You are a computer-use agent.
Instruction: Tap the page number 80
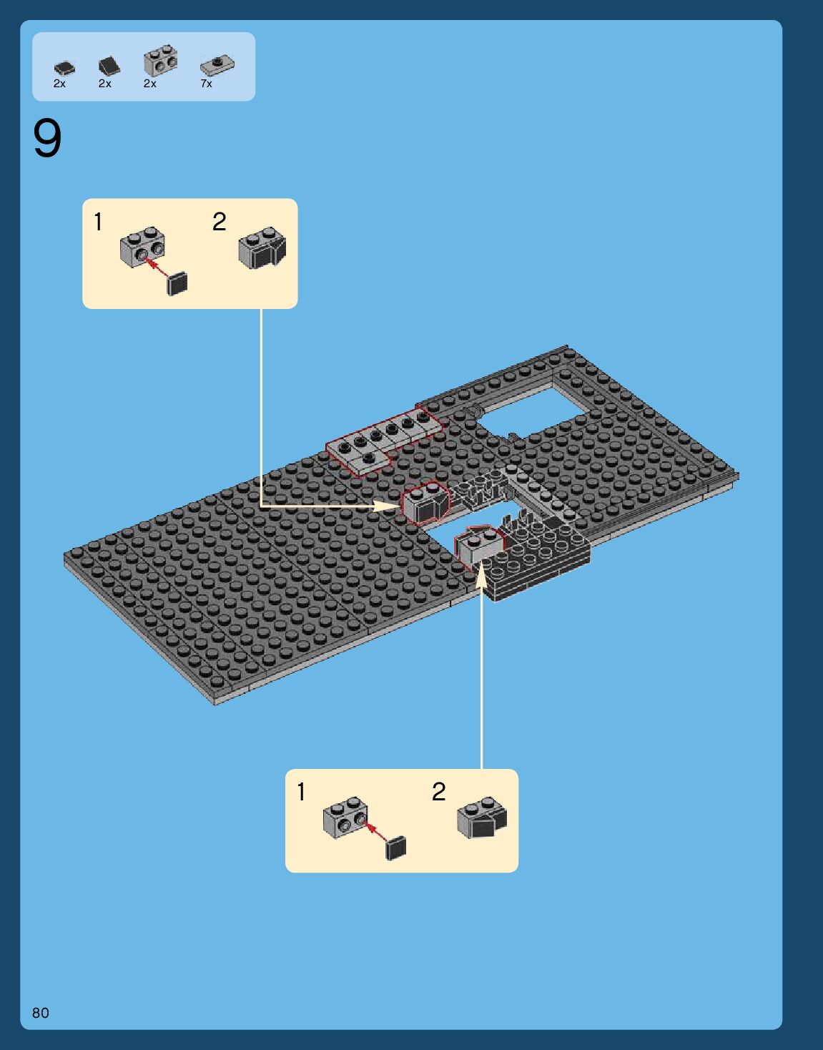(41, 1013)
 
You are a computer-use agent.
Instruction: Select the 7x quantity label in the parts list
(206, 84)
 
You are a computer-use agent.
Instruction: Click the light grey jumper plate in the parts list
(217, 65)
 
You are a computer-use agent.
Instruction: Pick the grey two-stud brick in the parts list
(160, 60)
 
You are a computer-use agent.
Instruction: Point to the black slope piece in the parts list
(109, 66)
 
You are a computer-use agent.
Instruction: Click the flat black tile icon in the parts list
(64, 68)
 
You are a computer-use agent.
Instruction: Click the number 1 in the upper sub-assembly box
(98, 222)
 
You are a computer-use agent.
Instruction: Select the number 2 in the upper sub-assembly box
(220, 222)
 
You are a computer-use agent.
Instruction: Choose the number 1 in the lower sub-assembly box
(301, 793)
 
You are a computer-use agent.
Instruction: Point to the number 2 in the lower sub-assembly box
(438, 792)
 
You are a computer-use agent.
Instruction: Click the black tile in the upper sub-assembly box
(177, 284)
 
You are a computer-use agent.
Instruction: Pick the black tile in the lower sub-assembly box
(395, 848)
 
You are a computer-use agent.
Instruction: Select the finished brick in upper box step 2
(262, 248)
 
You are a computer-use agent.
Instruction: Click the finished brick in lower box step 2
(482, 818)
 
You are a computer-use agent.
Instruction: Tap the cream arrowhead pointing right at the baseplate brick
(386, 506)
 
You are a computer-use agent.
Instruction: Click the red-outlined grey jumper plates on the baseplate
(385, 441)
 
